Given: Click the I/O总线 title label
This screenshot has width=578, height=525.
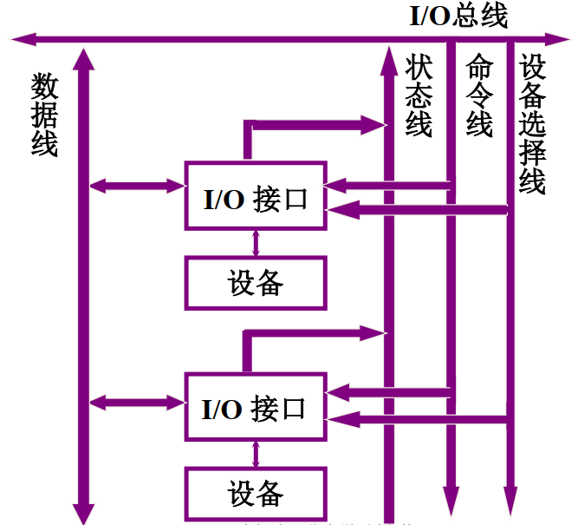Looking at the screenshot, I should (458, 16).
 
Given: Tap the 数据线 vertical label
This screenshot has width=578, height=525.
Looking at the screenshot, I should (44, 115).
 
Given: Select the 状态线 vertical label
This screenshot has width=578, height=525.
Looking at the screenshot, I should (419, 95).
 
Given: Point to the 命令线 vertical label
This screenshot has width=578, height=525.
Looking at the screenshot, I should (479, 95).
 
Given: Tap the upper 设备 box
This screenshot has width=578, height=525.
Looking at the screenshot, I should (256, 283).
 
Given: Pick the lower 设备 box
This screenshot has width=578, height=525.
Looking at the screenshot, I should (256, 494).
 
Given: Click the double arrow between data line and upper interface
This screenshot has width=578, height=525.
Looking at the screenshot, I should (138, 185).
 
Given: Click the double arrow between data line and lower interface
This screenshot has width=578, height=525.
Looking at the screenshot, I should (138, 402).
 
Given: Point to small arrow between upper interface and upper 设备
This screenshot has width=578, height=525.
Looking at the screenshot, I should (256, 242).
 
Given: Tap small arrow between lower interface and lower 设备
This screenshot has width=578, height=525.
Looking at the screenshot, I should (256, 454).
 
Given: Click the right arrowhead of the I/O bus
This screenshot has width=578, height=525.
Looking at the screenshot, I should (559, 39).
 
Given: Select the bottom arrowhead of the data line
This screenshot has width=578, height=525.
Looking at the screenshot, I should (83, 512).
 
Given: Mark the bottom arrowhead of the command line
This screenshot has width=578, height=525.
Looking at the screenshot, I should (451, 507).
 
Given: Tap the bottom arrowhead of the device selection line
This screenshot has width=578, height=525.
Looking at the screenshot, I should (511, 507).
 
